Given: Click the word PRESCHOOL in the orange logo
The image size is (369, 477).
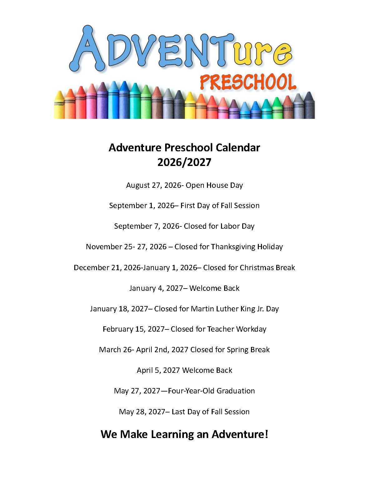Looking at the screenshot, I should click(x=248, y=82).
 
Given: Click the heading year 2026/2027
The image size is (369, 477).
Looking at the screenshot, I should click(x=184, y=162).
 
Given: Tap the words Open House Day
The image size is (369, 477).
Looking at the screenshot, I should click(x=214, y=185).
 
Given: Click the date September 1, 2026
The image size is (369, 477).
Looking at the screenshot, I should click(x=141, y=206).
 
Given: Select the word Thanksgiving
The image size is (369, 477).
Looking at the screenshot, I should click(x=233, y=247).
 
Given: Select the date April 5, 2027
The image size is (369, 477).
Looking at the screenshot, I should click(x=158, y=370).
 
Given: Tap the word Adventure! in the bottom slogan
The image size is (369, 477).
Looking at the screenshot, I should click(x=240, y=434).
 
